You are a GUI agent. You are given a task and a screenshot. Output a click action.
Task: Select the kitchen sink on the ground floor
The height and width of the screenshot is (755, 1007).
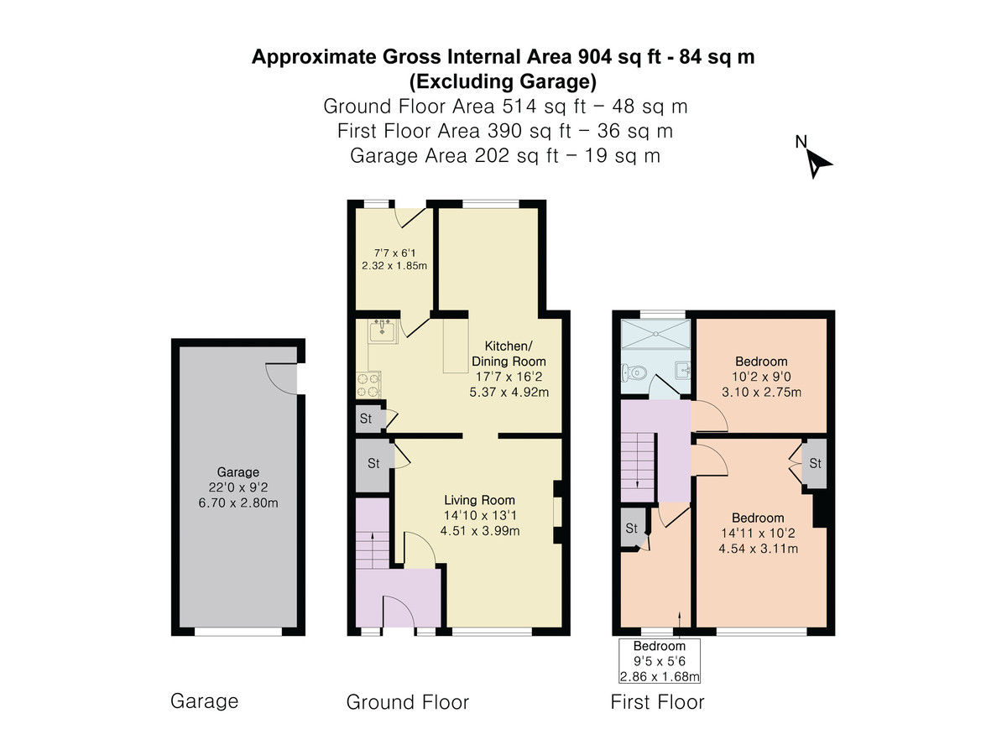382,331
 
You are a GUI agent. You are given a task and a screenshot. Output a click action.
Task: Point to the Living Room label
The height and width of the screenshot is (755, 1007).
479,500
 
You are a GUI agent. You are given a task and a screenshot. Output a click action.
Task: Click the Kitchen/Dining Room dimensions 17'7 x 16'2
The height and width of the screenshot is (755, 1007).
509,377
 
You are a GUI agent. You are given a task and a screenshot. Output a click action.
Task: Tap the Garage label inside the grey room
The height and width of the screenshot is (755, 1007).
238,471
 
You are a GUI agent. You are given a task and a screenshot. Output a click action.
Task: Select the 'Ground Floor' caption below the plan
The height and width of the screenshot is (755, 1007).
407,702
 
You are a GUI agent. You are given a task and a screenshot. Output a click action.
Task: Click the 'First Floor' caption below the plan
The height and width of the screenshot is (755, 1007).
657,702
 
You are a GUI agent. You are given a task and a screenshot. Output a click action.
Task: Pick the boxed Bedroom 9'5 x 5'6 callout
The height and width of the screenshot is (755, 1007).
660,660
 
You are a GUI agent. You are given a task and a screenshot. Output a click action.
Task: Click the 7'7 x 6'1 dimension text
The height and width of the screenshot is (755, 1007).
394,253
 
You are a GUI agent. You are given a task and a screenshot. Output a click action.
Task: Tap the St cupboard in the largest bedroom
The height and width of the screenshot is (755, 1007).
815,463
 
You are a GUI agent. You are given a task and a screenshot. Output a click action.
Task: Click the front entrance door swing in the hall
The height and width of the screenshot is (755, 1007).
399,611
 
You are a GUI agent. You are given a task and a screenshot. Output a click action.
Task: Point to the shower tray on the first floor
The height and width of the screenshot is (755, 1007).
655,334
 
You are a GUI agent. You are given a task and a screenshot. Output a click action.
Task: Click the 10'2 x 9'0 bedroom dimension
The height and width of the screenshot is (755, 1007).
761,377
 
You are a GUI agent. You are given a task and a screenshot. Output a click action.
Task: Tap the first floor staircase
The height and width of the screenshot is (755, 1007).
638,466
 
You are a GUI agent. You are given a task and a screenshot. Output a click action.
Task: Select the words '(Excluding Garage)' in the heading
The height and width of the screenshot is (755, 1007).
503,81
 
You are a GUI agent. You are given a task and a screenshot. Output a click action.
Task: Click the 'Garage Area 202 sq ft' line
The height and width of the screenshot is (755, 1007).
454,156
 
